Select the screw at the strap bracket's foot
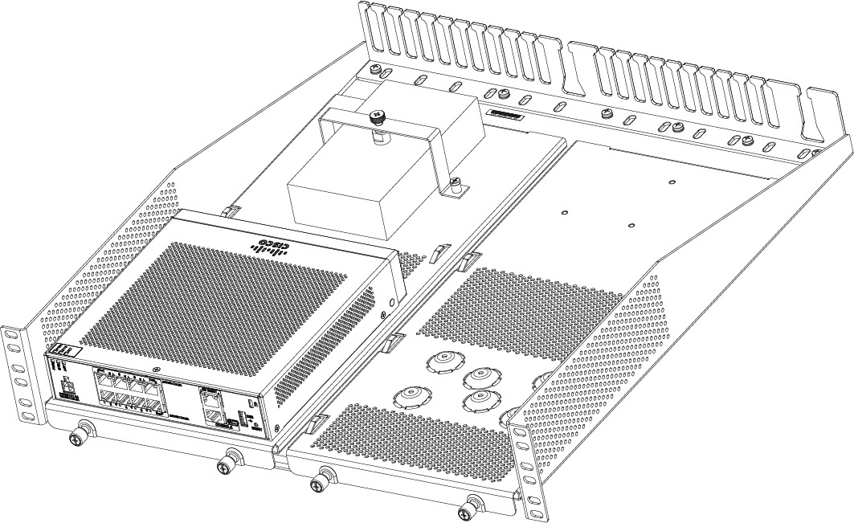click(x=456, y=184)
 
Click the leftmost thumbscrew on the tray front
click(x=78, y=438)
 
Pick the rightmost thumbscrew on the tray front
click(x=468, y=513)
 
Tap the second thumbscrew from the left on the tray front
click(x=226, y=464)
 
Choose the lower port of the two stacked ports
click(x=212, y=415)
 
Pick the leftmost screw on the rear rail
click(x=375, y=70)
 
